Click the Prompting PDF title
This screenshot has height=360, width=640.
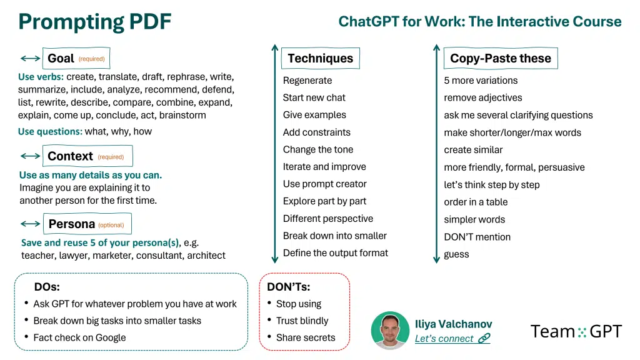[95, 22]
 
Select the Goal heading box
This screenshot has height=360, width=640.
[76, 58]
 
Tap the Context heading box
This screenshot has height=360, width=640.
[87, 156]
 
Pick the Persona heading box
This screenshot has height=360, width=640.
[87, 224]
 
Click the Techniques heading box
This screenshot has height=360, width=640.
[321, 58]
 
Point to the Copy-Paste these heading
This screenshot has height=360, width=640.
[501, 58]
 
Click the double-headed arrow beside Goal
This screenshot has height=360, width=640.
[30, 58]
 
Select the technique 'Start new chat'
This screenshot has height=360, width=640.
[314, 97]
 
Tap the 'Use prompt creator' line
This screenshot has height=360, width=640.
[324, 184]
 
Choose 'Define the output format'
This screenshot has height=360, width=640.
[336, 253]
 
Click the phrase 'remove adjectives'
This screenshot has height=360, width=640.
[483, 98]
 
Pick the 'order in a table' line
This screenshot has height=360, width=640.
[476, 202]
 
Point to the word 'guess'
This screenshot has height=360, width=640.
[456, 254]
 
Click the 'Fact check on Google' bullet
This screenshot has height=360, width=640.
[79, 337]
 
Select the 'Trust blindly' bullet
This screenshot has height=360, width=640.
[302, 321]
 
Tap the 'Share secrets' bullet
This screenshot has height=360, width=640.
[305, 337]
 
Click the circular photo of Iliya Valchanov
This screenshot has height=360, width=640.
[390, 331]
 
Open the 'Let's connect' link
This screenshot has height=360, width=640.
[452, 339]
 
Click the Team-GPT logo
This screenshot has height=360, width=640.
[576, 331]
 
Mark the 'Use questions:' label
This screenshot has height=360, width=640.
[50, 131]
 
